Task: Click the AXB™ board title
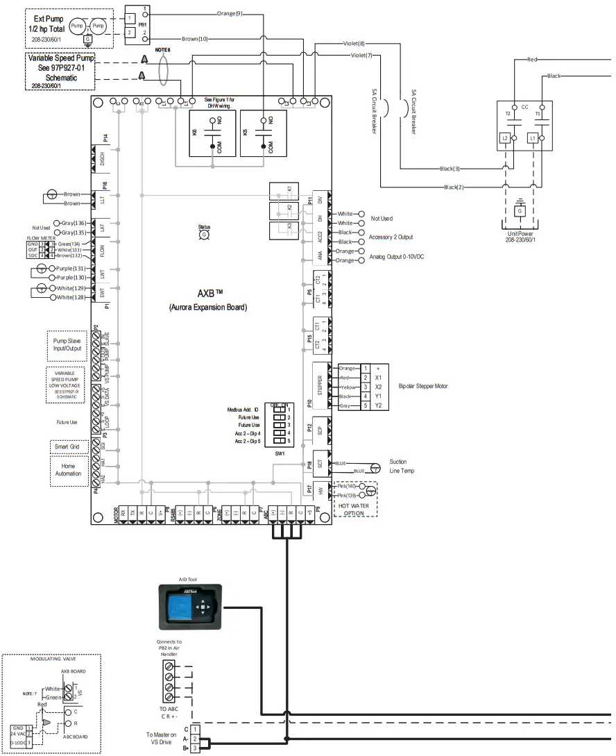(x=207, y=292)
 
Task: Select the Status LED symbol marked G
(x=204, y=235)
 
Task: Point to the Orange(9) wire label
(x=230, y=13)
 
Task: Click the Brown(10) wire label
(x=194, y=39)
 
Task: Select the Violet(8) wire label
(x=354, y=44)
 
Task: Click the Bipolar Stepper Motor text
(x=424, y=385)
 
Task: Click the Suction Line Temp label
(x=398, y=467)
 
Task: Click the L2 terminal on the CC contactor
(x=505, y=139)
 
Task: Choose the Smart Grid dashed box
(x=68, y=446)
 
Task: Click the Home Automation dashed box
(x=68, y=470)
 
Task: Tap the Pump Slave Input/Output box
(x=67, y=344)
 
